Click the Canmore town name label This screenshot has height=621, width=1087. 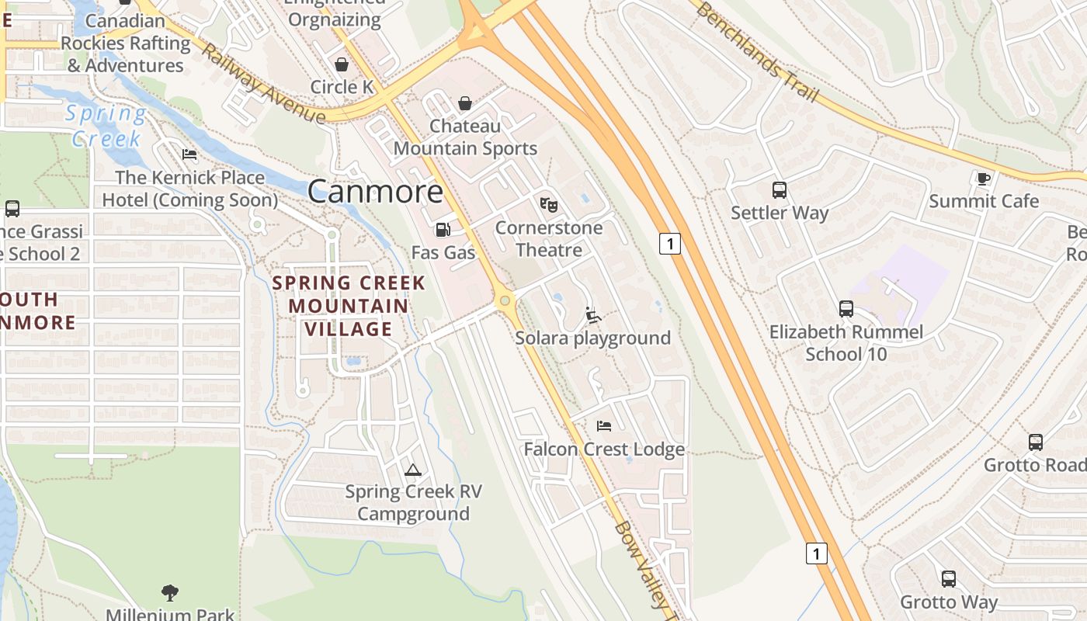(x=376, y=192)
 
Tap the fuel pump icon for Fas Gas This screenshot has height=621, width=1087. (x=443, y=230)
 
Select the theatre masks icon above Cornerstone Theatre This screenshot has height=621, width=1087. (x=549, y=205)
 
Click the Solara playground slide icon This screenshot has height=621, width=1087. (x=593, y=315)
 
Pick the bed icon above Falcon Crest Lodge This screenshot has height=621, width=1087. (x=604, y=426)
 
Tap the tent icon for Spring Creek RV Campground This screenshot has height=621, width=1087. (x=413, y=470)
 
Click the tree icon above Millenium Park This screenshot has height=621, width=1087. (x=170, y=593)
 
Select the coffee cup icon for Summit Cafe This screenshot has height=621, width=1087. (x=984, y=179)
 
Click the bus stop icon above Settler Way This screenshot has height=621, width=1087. (x=780, y=190)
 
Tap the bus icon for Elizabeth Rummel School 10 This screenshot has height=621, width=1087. (x=846, y=309)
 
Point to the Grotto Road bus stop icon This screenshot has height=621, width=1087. (x=1036, y=442)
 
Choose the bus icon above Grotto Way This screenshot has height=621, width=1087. (x=949, y=579)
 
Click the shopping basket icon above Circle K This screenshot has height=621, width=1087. (x=342, y=64)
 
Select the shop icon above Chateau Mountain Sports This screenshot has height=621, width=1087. (x=465, y=103)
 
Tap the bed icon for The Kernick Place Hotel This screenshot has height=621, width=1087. (x=189, y=154)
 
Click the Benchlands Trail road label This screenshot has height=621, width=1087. (x=756, y=53)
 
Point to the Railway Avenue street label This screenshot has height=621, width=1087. (x=262, y=83)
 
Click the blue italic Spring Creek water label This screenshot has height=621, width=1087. (x=106, y=126)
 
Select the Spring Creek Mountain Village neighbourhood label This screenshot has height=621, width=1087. (x=349, y=306)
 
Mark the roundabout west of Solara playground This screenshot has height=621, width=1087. (x=505, y=300)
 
